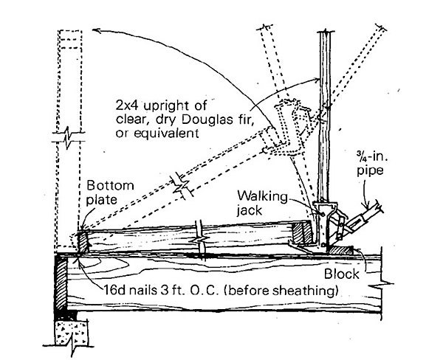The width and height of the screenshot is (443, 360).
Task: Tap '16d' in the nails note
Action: pos(113,289)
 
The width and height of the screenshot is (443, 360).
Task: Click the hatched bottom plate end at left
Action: pos(83,240)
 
